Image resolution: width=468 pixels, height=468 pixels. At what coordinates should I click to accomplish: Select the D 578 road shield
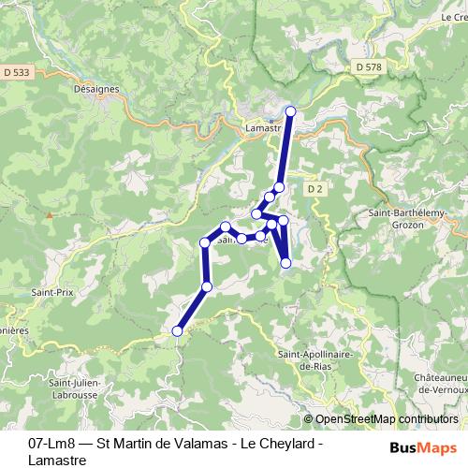(x=369, y=66)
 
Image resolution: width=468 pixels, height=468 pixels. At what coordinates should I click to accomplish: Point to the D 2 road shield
(x=314, y=188)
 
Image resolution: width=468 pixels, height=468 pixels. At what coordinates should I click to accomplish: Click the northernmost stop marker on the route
(x=290, y=111)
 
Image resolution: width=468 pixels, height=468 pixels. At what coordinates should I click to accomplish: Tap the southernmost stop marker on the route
(x=177, y=330)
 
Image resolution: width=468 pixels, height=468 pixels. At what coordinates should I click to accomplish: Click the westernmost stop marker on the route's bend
(x=205, y=243)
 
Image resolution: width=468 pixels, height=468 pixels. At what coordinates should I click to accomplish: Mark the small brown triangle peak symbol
(x=48, y=214)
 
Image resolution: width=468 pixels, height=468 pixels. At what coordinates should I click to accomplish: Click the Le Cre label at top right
(x=452, y=17)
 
